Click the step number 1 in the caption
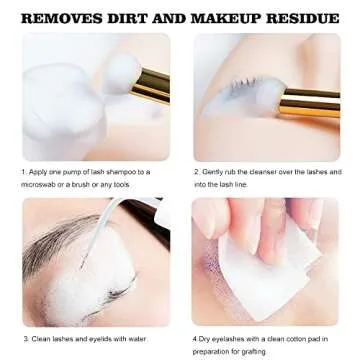[23, 171]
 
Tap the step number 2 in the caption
[196, 171]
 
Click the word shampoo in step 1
[115, 171]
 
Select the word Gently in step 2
[217, 171]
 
